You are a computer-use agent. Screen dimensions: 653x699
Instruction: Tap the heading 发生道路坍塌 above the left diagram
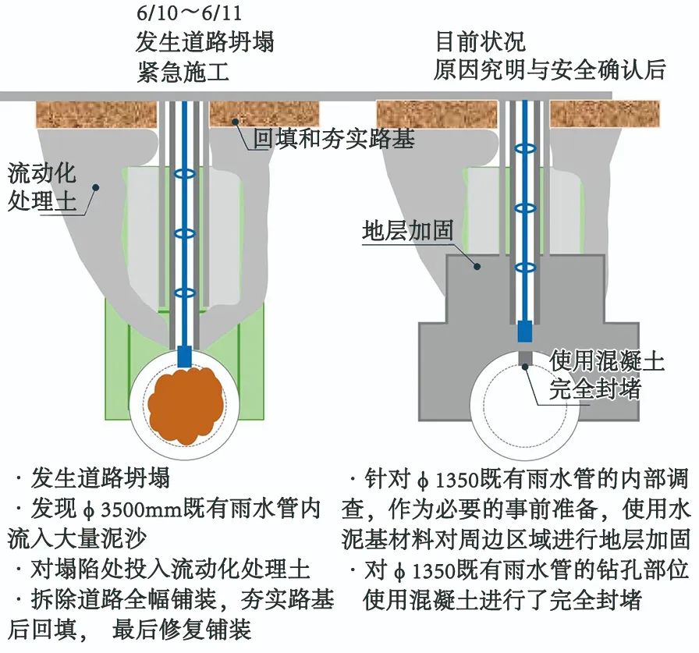pos(205,41)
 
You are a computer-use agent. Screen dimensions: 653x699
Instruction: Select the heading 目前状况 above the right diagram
pos(480,41)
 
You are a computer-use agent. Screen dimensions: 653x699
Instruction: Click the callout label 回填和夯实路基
pos(335,139)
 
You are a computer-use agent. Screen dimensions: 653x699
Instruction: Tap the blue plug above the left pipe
pos(185,357)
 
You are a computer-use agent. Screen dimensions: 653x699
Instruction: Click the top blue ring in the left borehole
pos(185,172)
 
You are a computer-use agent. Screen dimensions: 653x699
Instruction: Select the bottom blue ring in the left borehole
pos(185,293)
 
